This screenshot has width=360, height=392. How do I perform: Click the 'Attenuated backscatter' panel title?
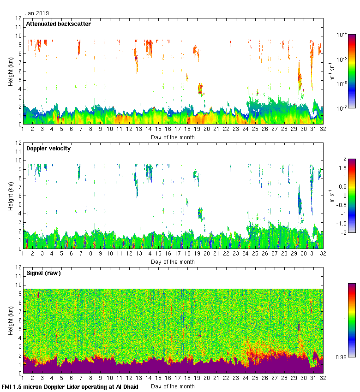58,24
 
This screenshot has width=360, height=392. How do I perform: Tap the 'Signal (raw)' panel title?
43,273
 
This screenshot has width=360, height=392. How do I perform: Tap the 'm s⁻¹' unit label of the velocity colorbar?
331,196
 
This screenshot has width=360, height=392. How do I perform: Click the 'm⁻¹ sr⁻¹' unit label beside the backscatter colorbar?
331,71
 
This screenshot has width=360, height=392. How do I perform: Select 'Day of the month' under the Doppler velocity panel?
173,262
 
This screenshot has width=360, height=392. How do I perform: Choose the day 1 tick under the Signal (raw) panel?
23,379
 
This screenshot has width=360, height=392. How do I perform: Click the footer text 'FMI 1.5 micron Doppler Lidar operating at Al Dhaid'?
70,386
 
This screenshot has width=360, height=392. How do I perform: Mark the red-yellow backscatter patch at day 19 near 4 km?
200,88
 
